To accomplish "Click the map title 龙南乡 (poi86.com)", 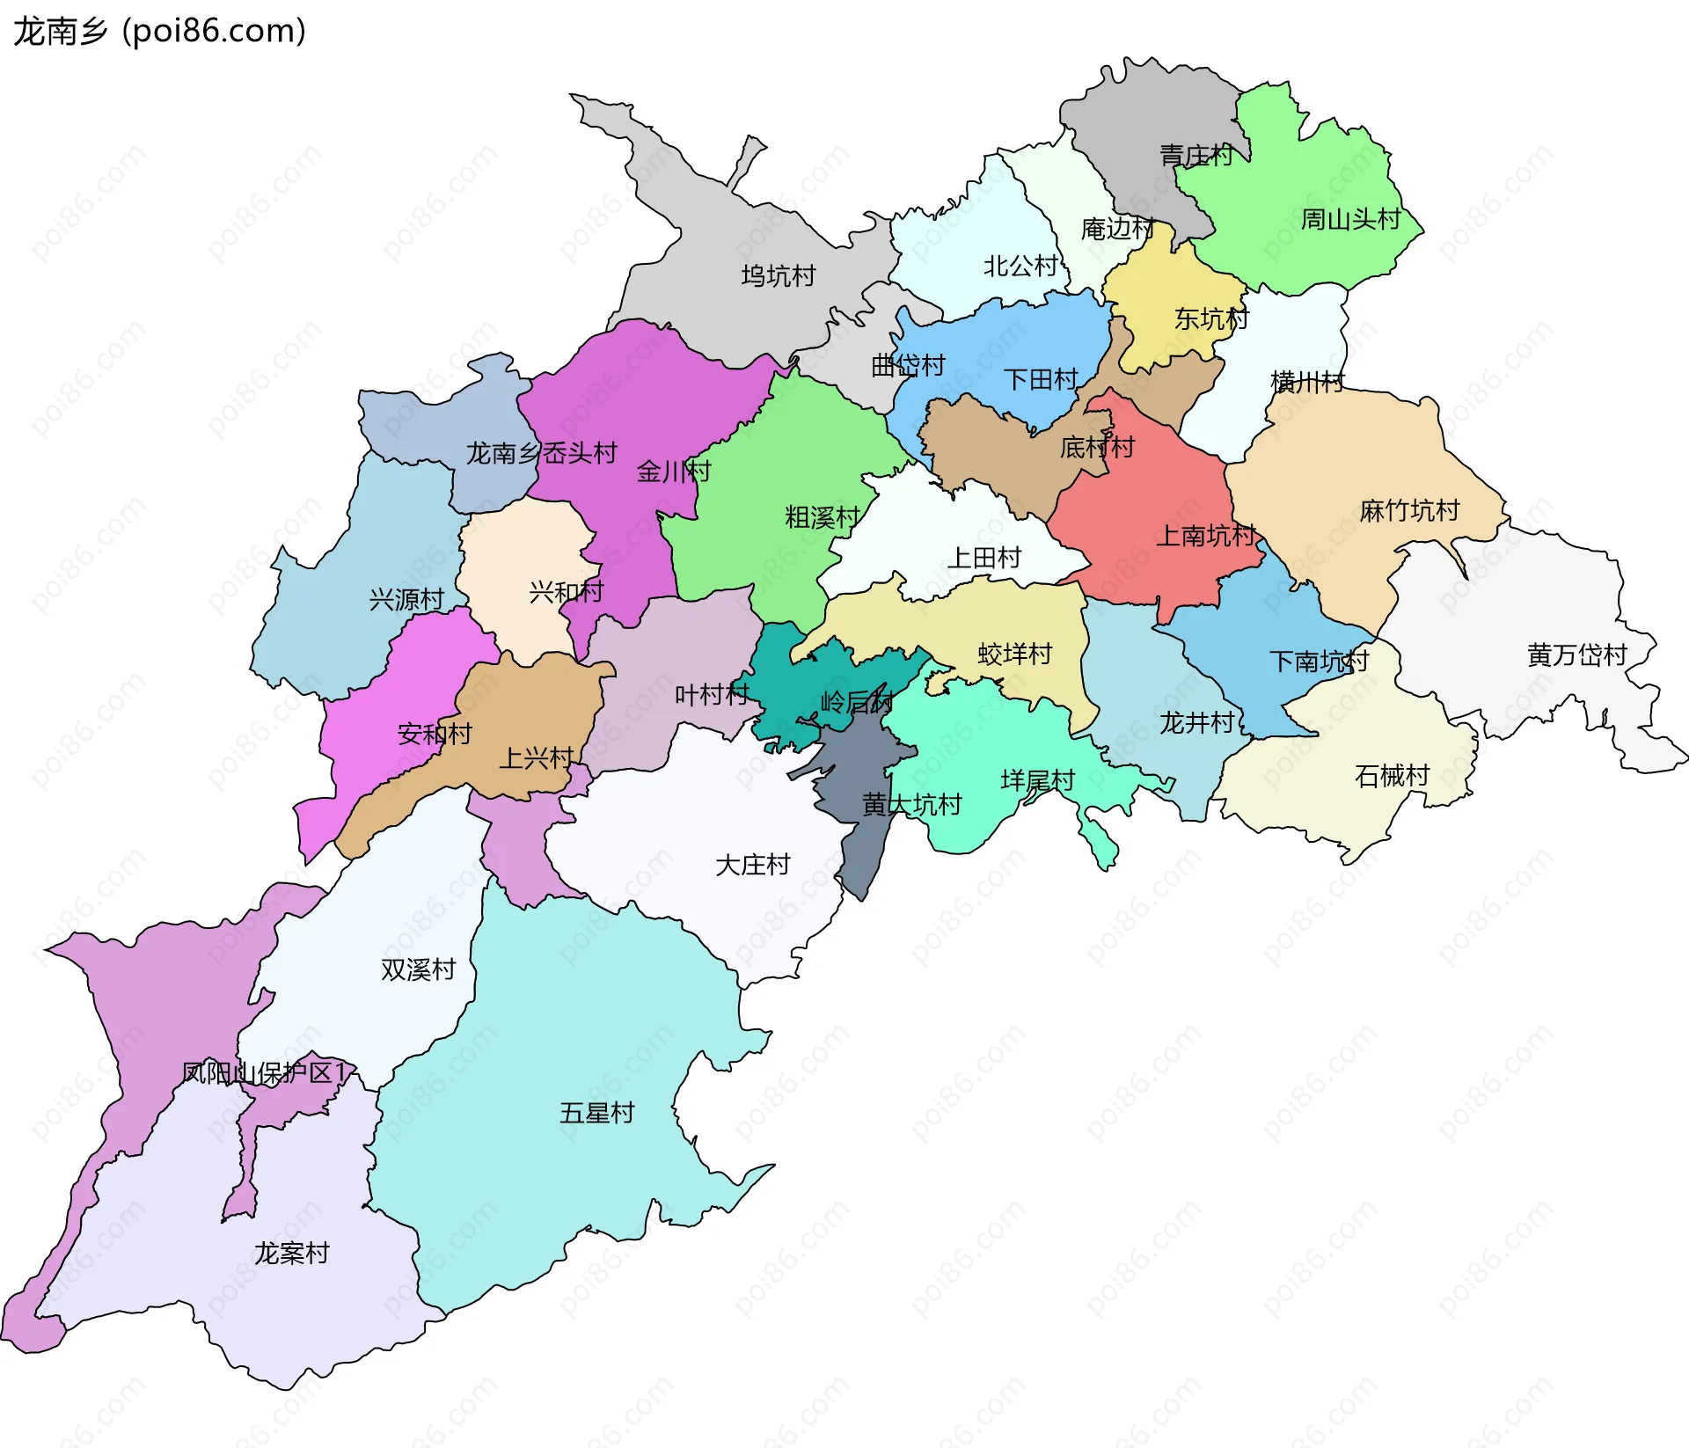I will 159,31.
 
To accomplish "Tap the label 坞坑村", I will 778,276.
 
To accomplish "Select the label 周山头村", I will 1349,219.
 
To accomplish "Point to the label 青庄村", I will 1195,156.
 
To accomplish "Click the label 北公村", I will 1020,266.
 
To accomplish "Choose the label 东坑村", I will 1210,318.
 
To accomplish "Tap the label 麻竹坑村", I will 1408,510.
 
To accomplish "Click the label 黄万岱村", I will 1576,655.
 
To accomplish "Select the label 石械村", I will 1392,776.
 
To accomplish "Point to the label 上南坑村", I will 1204,535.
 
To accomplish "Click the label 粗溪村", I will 822,517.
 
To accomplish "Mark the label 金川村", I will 673,472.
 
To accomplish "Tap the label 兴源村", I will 406,600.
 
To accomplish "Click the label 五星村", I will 596,1113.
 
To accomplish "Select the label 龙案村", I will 291,1253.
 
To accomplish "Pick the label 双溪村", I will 418,969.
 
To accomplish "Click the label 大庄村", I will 752,865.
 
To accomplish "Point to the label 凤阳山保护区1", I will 264,1072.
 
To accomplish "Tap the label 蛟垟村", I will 1014,654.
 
